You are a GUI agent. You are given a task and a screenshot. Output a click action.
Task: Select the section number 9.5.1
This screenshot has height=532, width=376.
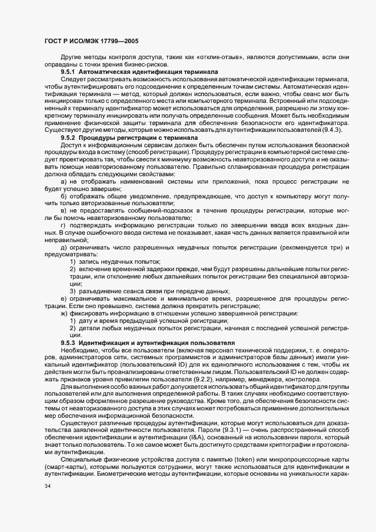click(x=68, y=73)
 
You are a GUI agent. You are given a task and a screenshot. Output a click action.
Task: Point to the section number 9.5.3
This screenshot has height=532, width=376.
click(x=68, y=344)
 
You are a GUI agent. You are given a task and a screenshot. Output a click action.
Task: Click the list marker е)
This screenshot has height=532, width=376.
click(x=64, y=298)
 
